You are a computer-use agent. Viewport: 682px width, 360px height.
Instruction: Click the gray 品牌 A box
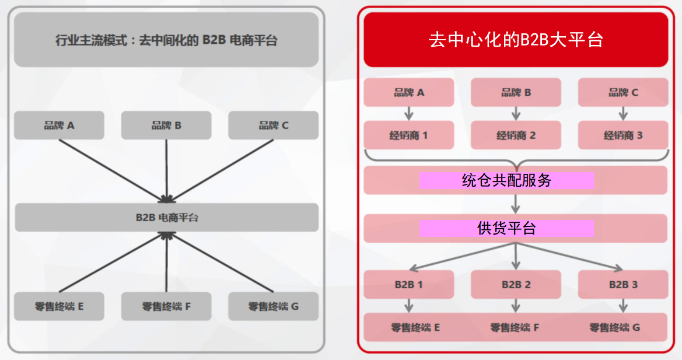59,125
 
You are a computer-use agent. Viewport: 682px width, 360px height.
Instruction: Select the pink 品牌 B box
516,92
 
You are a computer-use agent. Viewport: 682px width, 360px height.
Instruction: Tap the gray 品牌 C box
273,125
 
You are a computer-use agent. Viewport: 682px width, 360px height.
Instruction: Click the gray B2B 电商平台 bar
167,218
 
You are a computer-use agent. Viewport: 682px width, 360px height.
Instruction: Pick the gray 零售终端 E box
59,306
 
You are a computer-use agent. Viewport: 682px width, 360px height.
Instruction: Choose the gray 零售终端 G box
273,306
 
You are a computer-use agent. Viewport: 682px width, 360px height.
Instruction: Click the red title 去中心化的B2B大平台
516,40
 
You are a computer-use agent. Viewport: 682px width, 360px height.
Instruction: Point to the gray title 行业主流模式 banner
167,40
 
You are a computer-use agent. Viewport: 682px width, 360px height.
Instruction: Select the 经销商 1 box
409,135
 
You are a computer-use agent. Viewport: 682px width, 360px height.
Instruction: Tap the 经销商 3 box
623,135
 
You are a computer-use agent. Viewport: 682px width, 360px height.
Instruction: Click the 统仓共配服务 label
507,180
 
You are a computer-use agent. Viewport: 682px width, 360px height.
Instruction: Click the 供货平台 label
507,228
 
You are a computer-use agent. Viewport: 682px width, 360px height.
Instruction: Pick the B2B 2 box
516,284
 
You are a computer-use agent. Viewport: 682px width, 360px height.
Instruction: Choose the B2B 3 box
623,284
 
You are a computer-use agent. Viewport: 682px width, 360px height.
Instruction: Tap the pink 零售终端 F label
515,327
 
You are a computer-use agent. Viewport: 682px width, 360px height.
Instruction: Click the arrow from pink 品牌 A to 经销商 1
409,113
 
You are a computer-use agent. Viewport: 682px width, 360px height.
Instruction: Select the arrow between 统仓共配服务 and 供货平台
516,204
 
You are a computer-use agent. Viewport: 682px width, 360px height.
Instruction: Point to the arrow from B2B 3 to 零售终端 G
623,306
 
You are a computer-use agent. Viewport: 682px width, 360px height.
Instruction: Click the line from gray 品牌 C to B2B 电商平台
221,170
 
